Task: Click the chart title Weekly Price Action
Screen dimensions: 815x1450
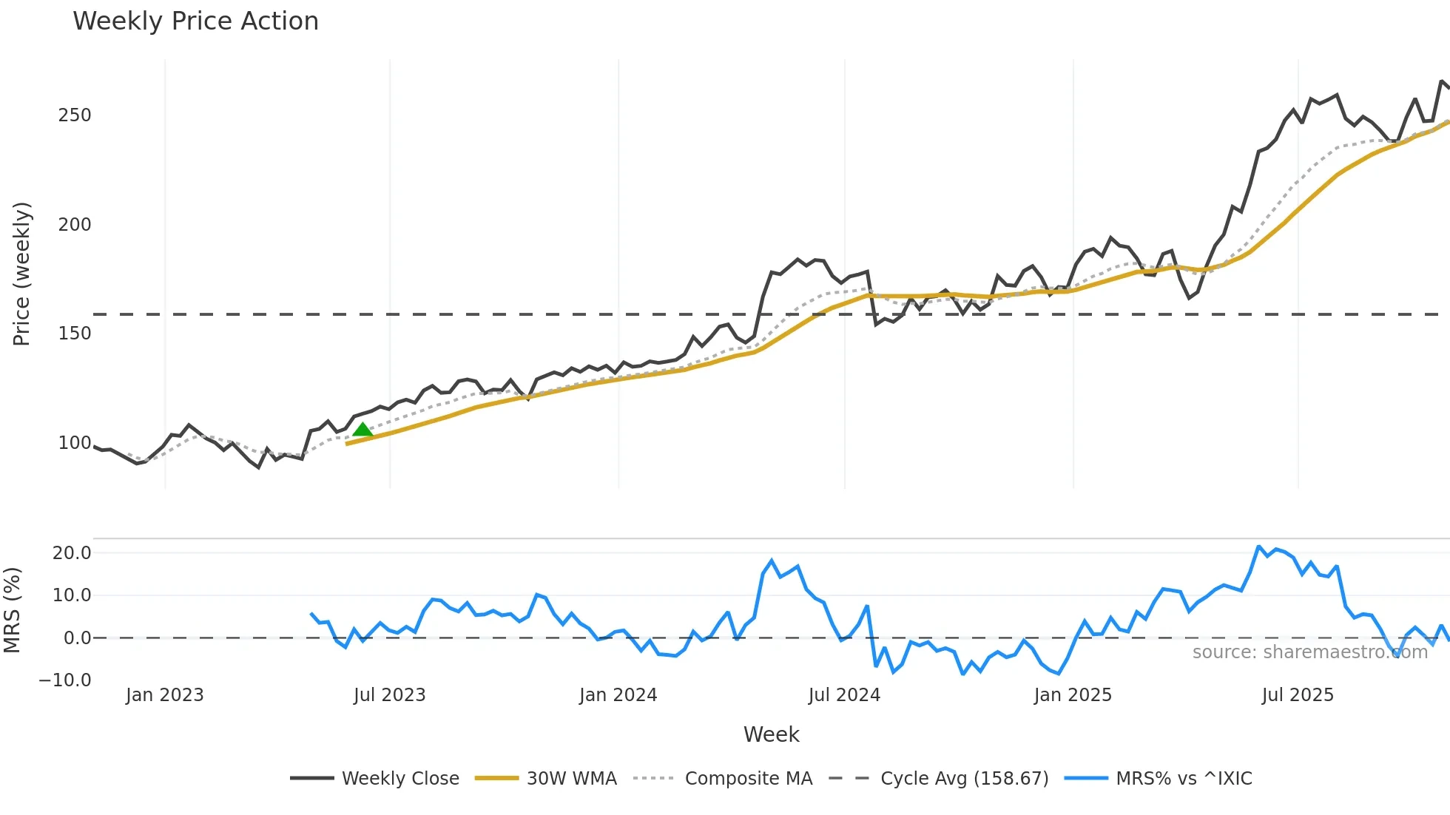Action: pos(195,21)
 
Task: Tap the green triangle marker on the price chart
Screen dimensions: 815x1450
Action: pos(362,430)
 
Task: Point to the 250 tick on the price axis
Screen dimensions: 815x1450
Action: pos(75,115)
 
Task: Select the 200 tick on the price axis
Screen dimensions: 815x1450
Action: pos(75,225)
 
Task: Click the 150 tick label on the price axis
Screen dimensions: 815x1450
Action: pos(75,334)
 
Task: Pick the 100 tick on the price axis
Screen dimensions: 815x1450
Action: pos(75,443)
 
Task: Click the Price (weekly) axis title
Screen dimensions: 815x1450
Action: pos(22,274)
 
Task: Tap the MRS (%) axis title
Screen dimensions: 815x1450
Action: pos(13,610)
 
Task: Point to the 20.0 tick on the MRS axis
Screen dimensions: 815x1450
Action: pos(72,553)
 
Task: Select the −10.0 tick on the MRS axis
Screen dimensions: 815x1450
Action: pos(65,680)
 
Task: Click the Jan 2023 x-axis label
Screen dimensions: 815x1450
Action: pos(164,695)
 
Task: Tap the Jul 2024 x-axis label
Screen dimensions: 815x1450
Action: pos(844,695)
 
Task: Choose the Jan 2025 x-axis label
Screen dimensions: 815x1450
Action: pos(1073,695)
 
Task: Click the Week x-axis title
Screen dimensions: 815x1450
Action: pos(771,734)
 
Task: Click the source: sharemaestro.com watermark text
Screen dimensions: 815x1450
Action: pos(1309,652)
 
